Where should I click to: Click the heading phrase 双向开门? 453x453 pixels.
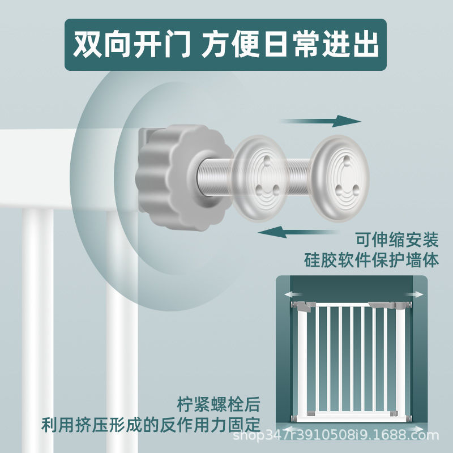tap(131, 45)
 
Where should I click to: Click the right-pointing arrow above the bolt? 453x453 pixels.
tap(320, 121)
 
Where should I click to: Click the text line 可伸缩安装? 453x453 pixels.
tap(398, 240)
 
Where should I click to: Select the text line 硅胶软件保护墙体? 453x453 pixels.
tap(371, 260)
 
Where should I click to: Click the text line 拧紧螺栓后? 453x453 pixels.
tap(219, 404)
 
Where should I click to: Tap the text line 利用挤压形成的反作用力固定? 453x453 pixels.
tap(151, 424)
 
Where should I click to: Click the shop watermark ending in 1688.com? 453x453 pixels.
tap(336, 435)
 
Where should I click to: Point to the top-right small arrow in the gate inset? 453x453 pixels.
tap(414, 294)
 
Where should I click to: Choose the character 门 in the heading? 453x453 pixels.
tap(176, 45)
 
